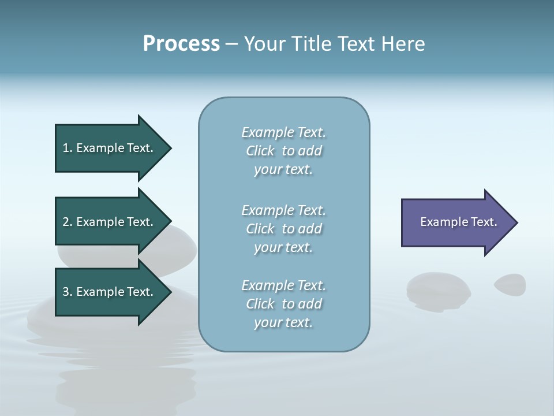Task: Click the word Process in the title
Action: pyautogui.click(x=181, y=44)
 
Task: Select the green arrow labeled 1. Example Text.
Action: pyautogui.click(x=110, y=148)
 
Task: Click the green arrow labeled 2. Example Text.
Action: pyautogui.click(x=110, y=222)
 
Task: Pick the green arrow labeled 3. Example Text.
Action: pyautogui.click(x=110, y=292)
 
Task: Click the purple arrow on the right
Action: pyautogui.click(x=456, y=222)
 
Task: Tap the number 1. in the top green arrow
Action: pyautogui.click(x=68, y=148)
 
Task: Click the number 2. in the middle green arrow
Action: pyautogui.click(x=68, y=222)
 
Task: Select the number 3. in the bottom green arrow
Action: pyautogui.click(x=68, y=292)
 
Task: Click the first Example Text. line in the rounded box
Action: pyautogui.click(x=283, y=132)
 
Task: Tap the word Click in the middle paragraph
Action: pyautogui.click(x=260, y=229)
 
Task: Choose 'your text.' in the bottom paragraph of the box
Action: pyautogui.click(x=283, y=322)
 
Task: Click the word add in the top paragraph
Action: pyautogui.click(x=310, y=151)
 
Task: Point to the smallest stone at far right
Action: pyautogui.click(x=510, y=284)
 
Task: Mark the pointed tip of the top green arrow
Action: pyautogui.click(x=170, y=148)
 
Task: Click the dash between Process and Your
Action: pyautogui.click(x=231, y=44)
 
